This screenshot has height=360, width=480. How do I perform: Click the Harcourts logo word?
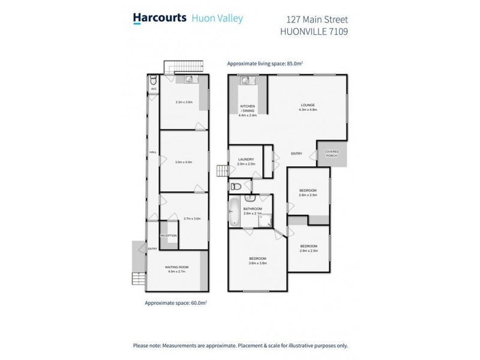[x=158, y=19]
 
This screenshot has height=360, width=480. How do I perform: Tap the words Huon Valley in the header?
[x=217, y=19]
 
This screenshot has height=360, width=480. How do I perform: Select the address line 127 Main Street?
[x=316, y=19]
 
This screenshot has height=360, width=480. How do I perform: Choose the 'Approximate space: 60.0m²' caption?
[x=175, y=304]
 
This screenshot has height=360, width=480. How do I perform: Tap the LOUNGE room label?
[x=307, y=105]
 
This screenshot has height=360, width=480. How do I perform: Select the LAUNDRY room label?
[x=246, y=159]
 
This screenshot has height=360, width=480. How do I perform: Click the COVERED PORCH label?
[x=332, y=153]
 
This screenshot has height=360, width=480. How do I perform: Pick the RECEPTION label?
[x=169, y=235]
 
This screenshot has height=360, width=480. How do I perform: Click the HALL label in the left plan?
[x=152, y=152]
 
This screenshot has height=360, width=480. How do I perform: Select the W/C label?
[x=154, y=89]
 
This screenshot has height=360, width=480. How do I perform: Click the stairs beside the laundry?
[x=223, y=172]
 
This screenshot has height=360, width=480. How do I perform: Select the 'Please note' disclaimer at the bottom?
[x=240, y=346]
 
